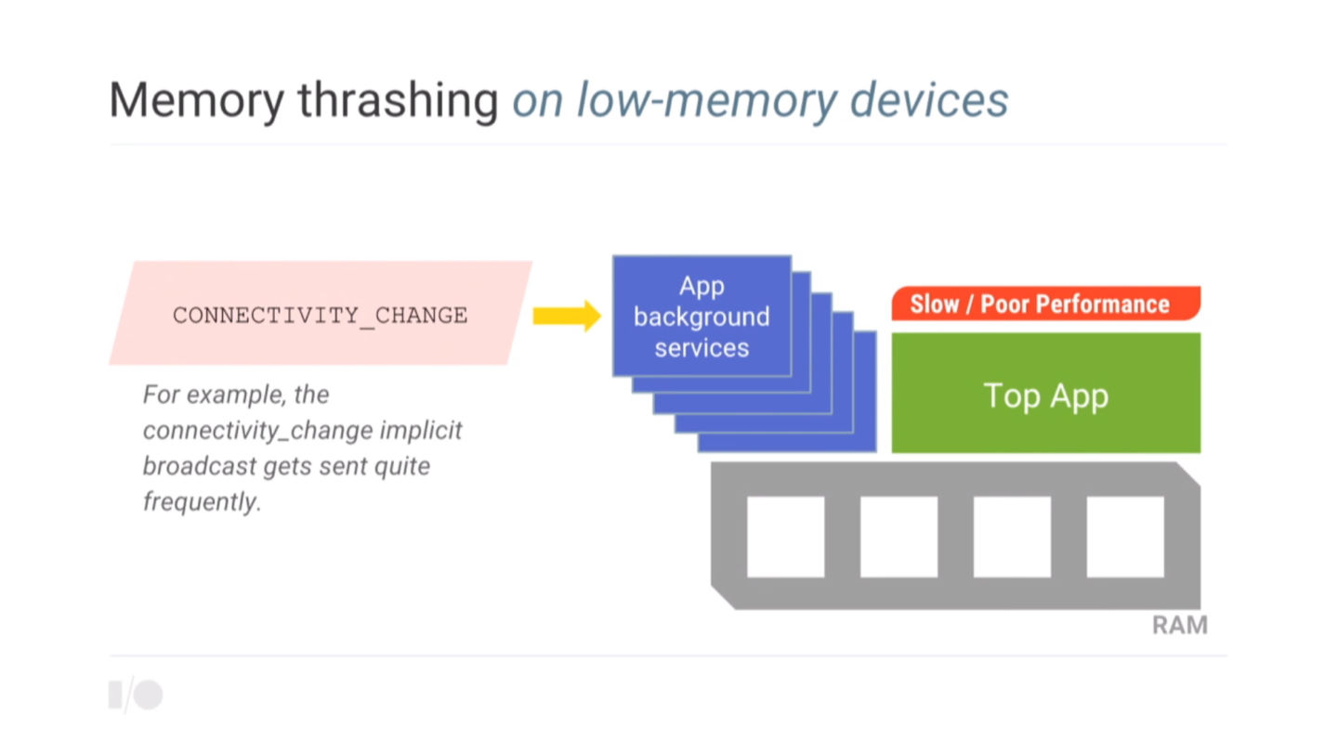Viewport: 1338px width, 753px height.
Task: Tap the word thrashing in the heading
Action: click(399, 100)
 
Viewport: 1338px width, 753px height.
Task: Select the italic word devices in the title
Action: click(929, 99)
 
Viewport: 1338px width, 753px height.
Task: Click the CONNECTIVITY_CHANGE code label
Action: click(321, 316)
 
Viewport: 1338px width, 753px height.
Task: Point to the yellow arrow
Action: click(567, 316)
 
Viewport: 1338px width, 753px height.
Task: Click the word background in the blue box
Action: click(702, 317)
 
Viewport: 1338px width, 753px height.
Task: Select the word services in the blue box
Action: click(702, 348)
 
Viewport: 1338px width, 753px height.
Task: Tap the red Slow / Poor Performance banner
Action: click(1046, 304)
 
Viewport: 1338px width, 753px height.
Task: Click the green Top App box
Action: click(1046, 393)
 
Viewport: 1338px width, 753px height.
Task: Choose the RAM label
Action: click(1180, 625)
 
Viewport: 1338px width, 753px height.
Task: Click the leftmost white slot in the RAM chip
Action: click(786, 537)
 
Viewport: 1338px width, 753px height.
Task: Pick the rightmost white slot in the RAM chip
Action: click(1125, 537)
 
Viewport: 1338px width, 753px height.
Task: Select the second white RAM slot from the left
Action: click(899, 537)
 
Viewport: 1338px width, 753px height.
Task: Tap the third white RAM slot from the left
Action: click(1013, 537)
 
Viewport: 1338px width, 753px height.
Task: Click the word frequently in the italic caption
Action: click(202, 501)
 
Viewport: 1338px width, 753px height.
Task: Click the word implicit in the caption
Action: click(421, 431)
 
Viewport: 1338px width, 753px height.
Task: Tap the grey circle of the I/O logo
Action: click(148, 695)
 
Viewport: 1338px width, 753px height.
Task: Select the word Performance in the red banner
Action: click(1075, 305)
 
